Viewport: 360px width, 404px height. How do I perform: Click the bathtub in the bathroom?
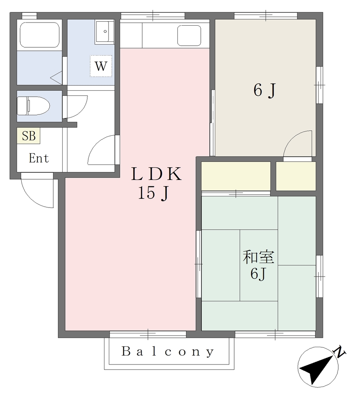(40, 35)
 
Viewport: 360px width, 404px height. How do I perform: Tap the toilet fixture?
(33, 106)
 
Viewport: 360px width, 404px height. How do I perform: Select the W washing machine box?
(101, 66)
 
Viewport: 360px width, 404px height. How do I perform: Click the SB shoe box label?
(28, 136)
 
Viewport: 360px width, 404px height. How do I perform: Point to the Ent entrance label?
(39, 158)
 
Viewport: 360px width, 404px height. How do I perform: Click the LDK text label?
(157, 174)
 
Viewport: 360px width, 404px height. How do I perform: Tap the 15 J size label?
(153, 193)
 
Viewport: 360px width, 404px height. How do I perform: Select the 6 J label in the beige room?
(265, 91)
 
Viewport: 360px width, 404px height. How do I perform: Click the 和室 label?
(259, 257)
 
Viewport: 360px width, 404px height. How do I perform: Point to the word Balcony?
(168, 352)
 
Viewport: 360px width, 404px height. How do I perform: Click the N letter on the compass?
(339, 352)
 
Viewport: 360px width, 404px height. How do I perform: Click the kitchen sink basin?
(189, 36)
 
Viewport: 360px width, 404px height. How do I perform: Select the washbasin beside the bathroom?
(105, 32)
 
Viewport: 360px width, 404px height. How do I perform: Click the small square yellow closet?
(296, 176)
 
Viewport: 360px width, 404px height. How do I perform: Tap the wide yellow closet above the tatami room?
(236, 176)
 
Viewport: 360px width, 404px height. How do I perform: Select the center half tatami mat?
(259, 266)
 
